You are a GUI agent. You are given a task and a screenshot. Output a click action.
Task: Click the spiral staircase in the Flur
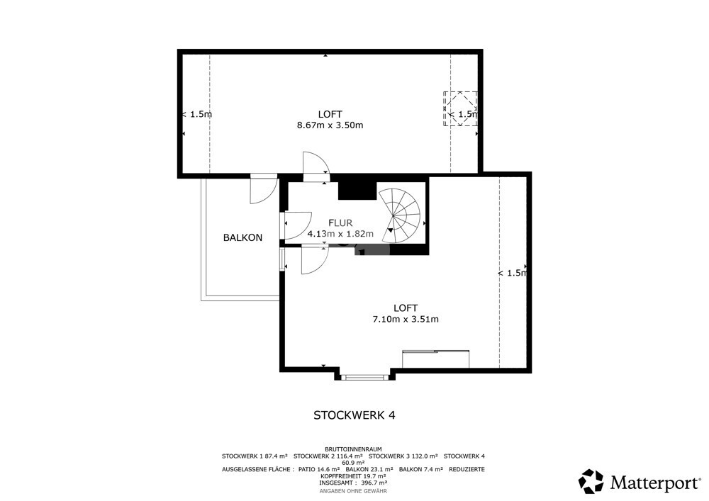[x=400, y=216]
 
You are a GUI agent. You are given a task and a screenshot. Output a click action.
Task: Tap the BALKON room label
[x=242, y=237]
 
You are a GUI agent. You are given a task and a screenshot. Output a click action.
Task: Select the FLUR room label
[x=340, y=223]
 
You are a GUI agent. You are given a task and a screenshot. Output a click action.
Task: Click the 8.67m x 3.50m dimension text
[x=330, y=125]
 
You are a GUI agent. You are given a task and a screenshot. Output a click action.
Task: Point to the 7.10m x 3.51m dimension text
[x=406, y=320]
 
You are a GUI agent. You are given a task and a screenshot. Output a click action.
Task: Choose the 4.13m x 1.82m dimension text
[x=340, y=234]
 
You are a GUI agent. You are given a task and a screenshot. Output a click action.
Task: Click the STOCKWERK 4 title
[x=354, y=415]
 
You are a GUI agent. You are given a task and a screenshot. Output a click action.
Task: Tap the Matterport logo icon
[x=591, y=481]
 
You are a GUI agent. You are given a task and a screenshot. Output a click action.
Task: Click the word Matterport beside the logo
[x=655, y=483]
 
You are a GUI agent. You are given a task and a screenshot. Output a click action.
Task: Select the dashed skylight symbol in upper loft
[x=460, y=109]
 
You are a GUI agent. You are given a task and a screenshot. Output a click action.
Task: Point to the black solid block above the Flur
[x=357, y=190]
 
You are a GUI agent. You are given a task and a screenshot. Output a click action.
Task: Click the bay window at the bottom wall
[x=363, y=377]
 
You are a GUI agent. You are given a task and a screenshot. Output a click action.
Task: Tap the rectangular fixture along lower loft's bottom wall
[x=436, y=359]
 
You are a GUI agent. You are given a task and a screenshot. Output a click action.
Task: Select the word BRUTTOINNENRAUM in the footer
[x=354, y=449]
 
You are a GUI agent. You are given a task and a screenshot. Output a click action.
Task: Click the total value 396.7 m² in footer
[x=370, y=483]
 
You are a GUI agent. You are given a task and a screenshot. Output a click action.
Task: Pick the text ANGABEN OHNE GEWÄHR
[x=353, y=491]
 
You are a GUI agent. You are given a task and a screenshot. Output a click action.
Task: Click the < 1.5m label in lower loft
[x=513, y=274]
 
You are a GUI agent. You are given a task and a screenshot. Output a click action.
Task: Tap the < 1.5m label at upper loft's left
[x=196, y=114]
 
